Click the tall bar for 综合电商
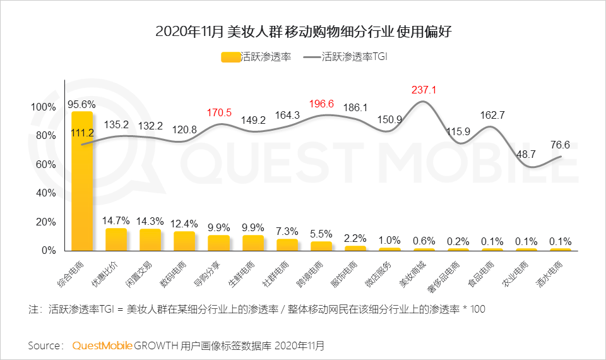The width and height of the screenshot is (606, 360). point(82,181)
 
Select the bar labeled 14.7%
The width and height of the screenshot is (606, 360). point(116,239)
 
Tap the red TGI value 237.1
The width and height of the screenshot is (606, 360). point(424,90)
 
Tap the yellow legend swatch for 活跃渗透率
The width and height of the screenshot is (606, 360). point(231,57)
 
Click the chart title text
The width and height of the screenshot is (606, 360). point(303,32)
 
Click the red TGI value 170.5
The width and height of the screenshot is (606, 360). point(219,113)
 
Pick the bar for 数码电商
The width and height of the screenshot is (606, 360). point(184,241)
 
